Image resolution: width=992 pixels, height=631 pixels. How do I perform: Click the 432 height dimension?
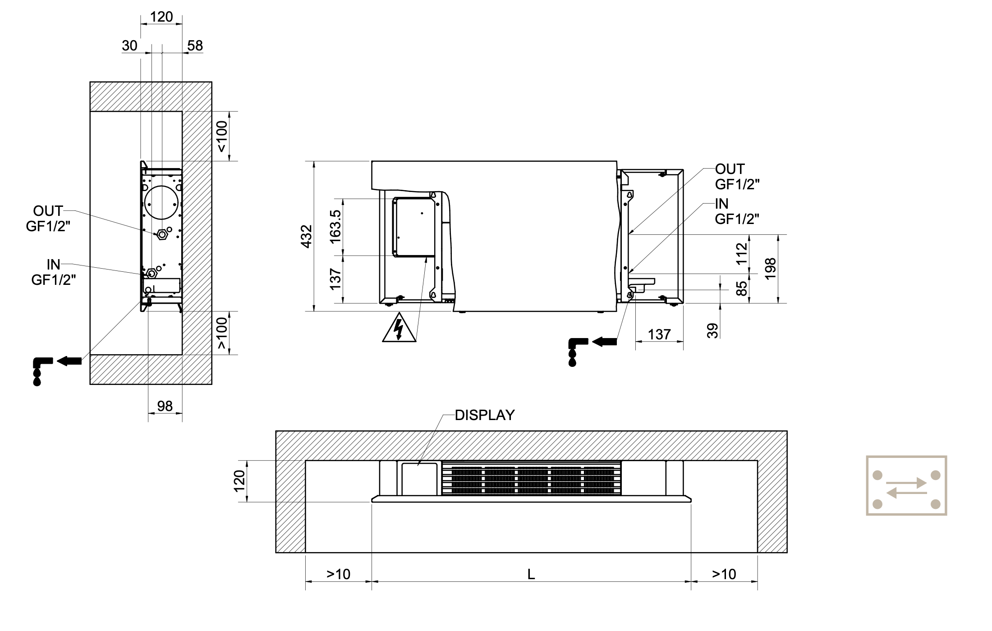click(306, 236)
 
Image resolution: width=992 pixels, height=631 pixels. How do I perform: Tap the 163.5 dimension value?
click(335, 227)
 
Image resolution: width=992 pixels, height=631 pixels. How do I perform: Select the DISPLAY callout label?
click(485, 415)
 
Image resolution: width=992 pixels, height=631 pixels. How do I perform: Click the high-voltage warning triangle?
click(399, 327)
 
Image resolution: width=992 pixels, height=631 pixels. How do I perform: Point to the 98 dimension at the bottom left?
click(165, 406)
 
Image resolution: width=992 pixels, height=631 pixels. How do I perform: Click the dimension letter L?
click(531, 574)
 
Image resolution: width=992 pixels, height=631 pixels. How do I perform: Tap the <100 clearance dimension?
click(222, 136)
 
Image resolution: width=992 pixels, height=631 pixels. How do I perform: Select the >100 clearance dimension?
click(222, 333)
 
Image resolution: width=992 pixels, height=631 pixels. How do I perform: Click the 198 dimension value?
click(771, 269)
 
